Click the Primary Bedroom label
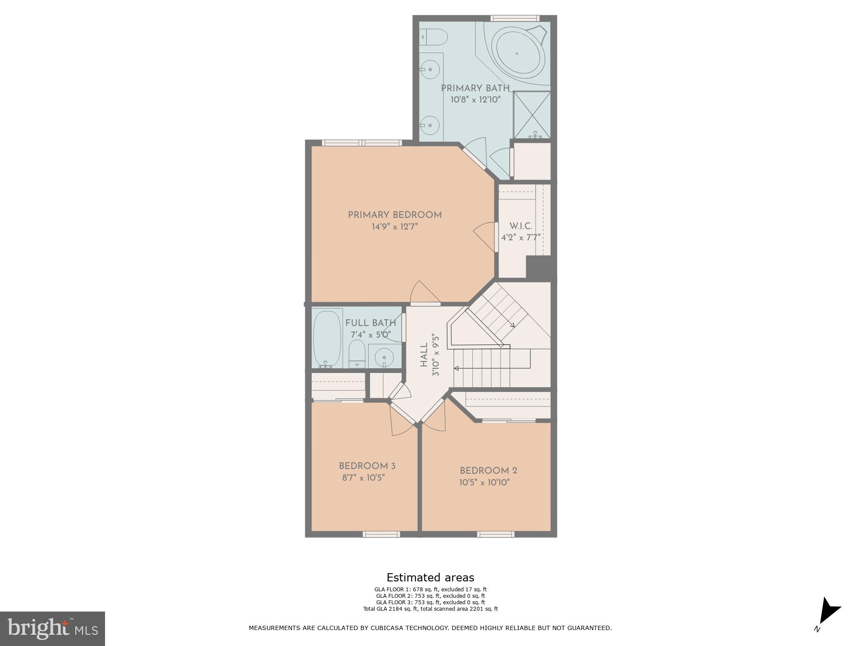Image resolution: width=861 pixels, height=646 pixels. tap(395, 215)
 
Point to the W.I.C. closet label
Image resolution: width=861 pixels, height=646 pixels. tap(521, 226)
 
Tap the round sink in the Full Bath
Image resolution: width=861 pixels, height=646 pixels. tap(384, 357)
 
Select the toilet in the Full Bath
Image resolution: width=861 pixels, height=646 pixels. tap(357, 353)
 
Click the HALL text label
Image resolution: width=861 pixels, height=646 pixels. tap(424, 355)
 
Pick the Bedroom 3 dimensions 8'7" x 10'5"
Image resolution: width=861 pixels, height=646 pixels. tap(363, 478)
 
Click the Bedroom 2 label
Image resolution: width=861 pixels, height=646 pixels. tap(488, 471)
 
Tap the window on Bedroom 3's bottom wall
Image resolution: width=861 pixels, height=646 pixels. tap(381, 534)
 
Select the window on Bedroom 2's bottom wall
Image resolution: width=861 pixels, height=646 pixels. tap(496, 534)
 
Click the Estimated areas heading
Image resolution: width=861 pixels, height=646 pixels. tap(430, 578)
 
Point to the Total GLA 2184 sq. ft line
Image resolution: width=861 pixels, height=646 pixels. tap(430, 609)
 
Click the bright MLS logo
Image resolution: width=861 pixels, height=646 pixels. tap(52, 628)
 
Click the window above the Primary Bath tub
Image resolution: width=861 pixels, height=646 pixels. tap(515, 18)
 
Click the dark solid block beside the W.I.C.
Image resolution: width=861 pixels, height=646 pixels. tap(540, 268)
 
